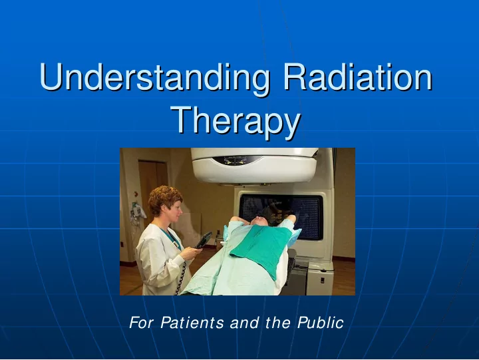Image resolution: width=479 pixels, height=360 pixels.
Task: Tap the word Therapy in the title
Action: pyautogui.click(x=236, y=122)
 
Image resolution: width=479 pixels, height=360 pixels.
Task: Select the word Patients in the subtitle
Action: pyautogui.click(x=192, y=323)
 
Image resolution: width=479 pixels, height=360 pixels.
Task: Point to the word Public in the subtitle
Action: pyautogui.click(x=321, y=323)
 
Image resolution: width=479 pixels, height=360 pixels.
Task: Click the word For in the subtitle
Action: pyautogui.click(x=141, y=323)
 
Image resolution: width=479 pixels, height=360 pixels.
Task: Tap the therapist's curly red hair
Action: pyautogui.click(x=165, y=199)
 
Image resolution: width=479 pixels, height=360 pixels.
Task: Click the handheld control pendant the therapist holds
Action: pyautogui.click(x=203, y=240)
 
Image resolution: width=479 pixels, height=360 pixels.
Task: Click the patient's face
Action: pyautogui.click(x=259, y=221)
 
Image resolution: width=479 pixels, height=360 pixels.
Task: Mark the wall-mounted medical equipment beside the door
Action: pyautogui.click(x=138, y=212)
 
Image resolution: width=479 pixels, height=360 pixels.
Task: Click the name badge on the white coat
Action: pyautogui.click(x=175, y=244)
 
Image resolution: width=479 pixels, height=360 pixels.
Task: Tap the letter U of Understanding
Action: pyautogui.click(x=52, y=77)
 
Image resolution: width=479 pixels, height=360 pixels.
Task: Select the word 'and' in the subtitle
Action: pyautogui.click(x=244, y=323)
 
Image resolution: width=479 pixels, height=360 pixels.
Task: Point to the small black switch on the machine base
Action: pyautogui.click(x=322, y=279)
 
